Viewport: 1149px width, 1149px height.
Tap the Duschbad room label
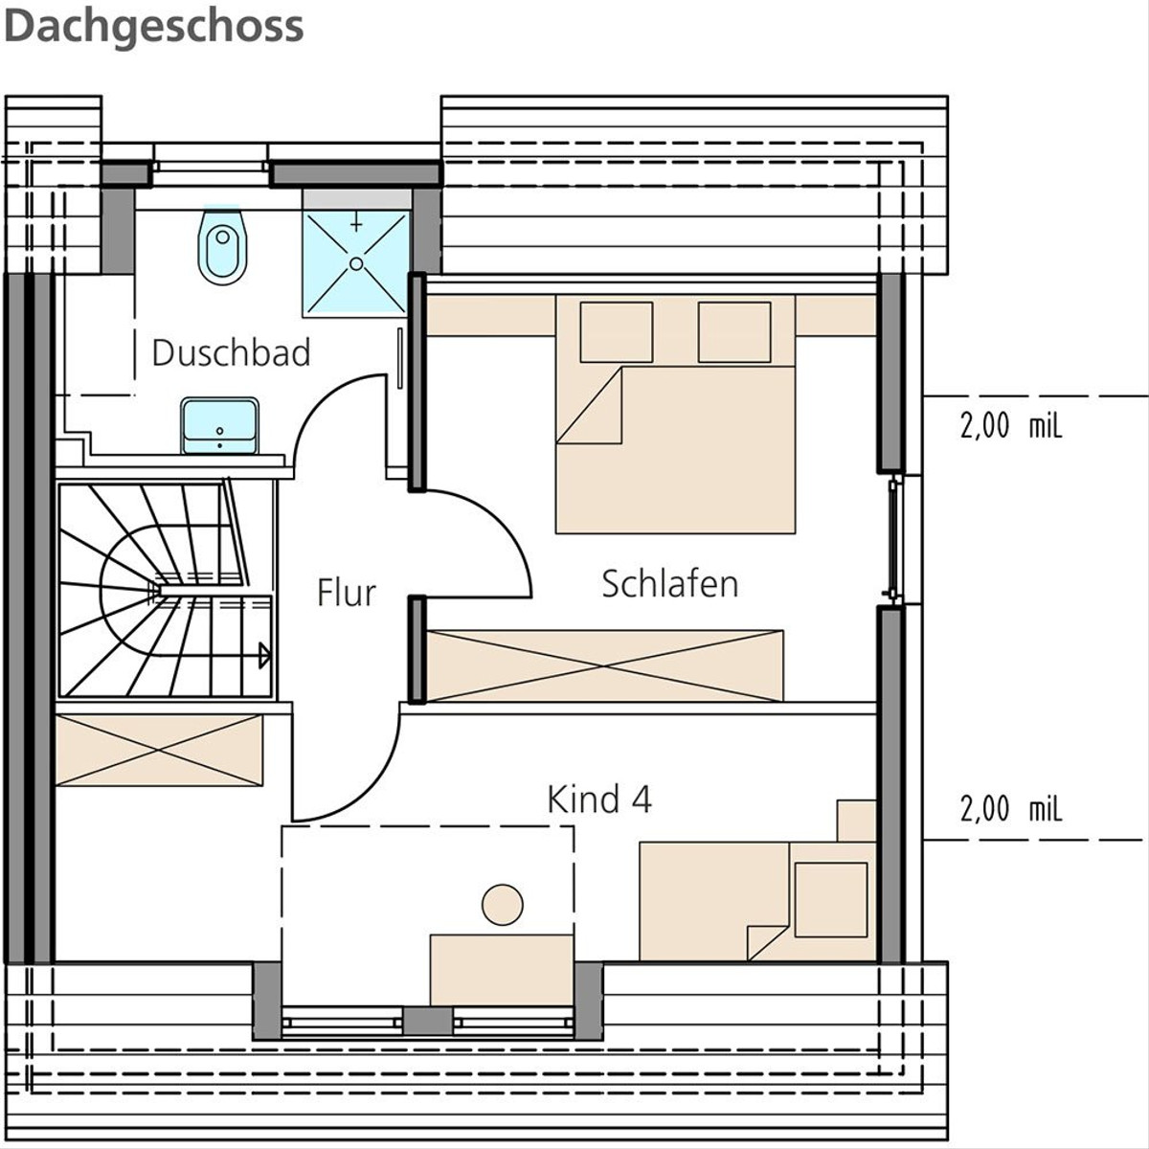point(231,353)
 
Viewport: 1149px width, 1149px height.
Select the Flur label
point(347,593)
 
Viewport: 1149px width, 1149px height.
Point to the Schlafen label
point(669,584)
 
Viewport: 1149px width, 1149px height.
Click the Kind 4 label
point(599,800)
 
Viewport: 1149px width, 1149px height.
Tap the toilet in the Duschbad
point(222,245)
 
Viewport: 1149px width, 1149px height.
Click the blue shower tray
point(356,262)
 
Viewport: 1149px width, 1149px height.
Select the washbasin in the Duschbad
point(220,426)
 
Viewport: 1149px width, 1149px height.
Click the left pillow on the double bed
point(617,332)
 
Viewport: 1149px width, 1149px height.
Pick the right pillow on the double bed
point(734,332)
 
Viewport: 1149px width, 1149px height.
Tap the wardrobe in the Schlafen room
point(605,665)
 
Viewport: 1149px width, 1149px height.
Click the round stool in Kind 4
point(503,905)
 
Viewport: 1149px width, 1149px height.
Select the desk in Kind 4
point(502,970)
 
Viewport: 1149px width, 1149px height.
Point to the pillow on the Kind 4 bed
point(830,900)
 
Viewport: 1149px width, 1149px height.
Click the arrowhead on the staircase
point(264,656)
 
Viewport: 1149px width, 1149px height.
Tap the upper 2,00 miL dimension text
point(1011,427)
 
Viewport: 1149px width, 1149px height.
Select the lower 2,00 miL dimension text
point(1011,809)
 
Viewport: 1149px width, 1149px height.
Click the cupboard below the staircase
point(159,750)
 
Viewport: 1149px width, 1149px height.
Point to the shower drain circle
point(356,263)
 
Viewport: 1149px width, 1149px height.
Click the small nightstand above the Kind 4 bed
point(856,821)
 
